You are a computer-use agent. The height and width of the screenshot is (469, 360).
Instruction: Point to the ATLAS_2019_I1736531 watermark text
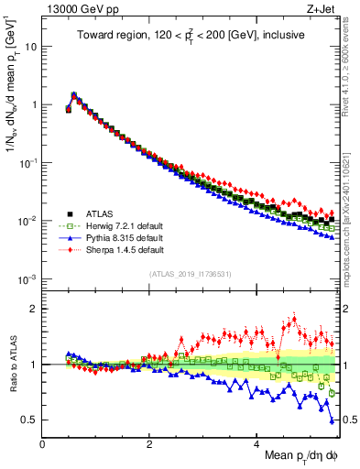pyautogui.click(x=189, y=274)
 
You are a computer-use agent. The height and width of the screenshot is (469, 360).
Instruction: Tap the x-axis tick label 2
pyautogui.click(x=149, y=442)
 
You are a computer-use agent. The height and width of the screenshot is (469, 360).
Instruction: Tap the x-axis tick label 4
pyautogui.click(x=256, y=442)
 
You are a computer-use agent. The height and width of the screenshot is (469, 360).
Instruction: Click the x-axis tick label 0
pyautogui.click(x=42, y=442)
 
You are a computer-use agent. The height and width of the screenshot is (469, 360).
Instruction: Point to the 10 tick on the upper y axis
pyautogui.click(x=30, y=46)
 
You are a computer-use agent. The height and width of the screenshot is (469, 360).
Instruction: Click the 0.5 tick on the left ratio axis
pyautogui.click(x=27, y=420)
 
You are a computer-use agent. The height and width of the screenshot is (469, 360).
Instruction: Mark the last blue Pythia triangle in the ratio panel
pyautogui.click(x=332, y=421)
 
